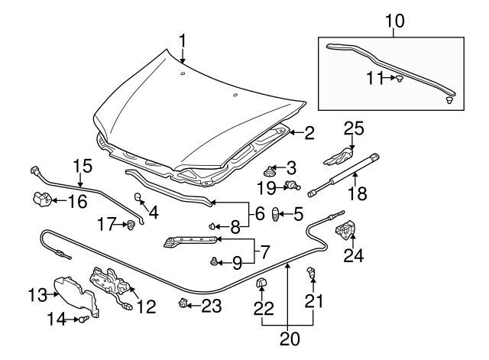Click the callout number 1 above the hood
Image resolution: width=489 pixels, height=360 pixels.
coord(183,39)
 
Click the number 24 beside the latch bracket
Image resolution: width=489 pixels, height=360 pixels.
coord(354,255)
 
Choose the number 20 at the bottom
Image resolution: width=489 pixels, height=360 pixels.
coord(288,336)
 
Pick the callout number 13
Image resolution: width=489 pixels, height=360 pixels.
coord(37,293)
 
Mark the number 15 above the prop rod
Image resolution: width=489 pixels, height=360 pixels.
coord(81,165)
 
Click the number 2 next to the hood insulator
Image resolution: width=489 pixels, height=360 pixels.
coord(309,133)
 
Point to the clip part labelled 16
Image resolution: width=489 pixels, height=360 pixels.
coord(42,200)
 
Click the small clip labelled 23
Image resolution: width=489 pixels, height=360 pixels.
coord(183,304)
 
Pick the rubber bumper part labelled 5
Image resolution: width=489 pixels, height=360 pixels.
coord(278,215)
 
